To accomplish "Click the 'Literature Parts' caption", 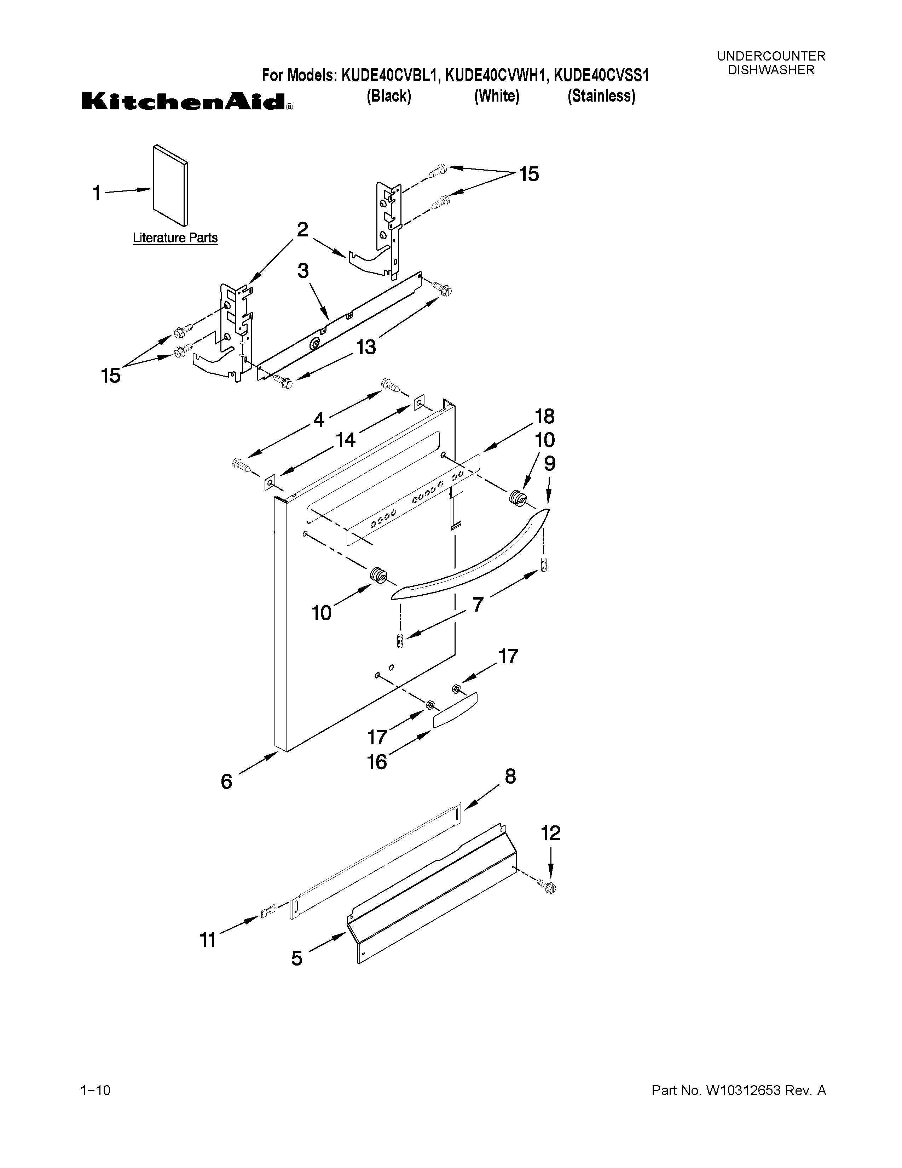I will point(175,238).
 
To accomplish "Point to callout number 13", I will point(366,347).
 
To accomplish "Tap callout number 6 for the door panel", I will point(227,781).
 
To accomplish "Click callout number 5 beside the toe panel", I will point(296,957).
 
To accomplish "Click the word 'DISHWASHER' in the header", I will point(771,70).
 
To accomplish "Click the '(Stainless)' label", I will point(601,96).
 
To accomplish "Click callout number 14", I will point(345,440).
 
